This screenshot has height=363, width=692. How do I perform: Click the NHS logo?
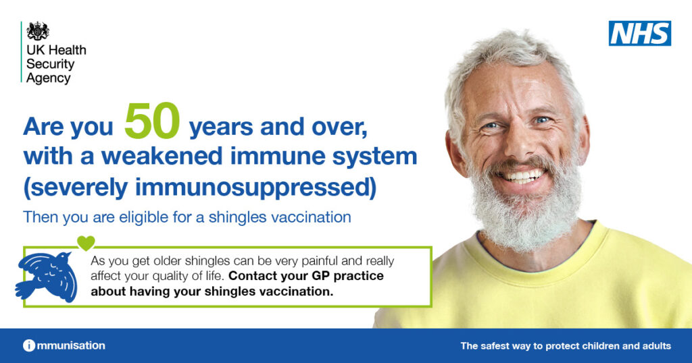639,33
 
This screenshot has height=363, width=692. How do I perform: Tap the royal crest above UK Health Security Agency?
38,32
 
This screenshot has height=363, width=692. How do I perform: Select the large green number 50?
152,121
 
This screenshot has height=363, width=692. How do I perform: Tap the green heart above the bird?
86,242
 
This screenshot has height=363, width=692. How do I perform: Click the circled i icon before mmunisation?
29,345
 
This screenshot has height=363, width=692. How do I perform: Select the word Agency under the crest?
49,78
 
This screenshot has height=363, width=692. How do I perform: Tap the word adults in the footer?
655,346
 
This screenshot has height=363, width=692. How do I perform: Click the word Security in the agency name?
50,64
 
